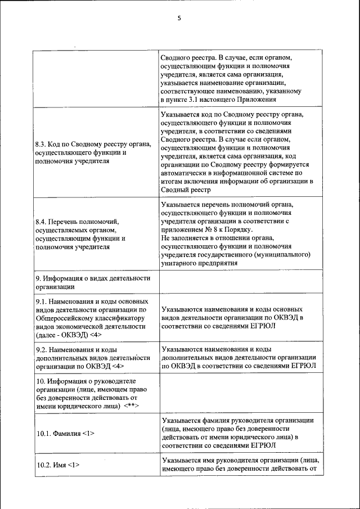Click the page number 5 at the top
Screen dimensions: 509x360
[179, 18]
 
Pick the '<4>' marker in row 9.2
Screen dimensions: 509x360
[117, 366]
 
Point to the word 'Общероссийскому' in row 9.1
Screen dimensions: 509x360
[65, 318]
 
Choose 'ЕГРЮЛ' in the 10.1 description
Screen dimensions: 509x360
[262, 445]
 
